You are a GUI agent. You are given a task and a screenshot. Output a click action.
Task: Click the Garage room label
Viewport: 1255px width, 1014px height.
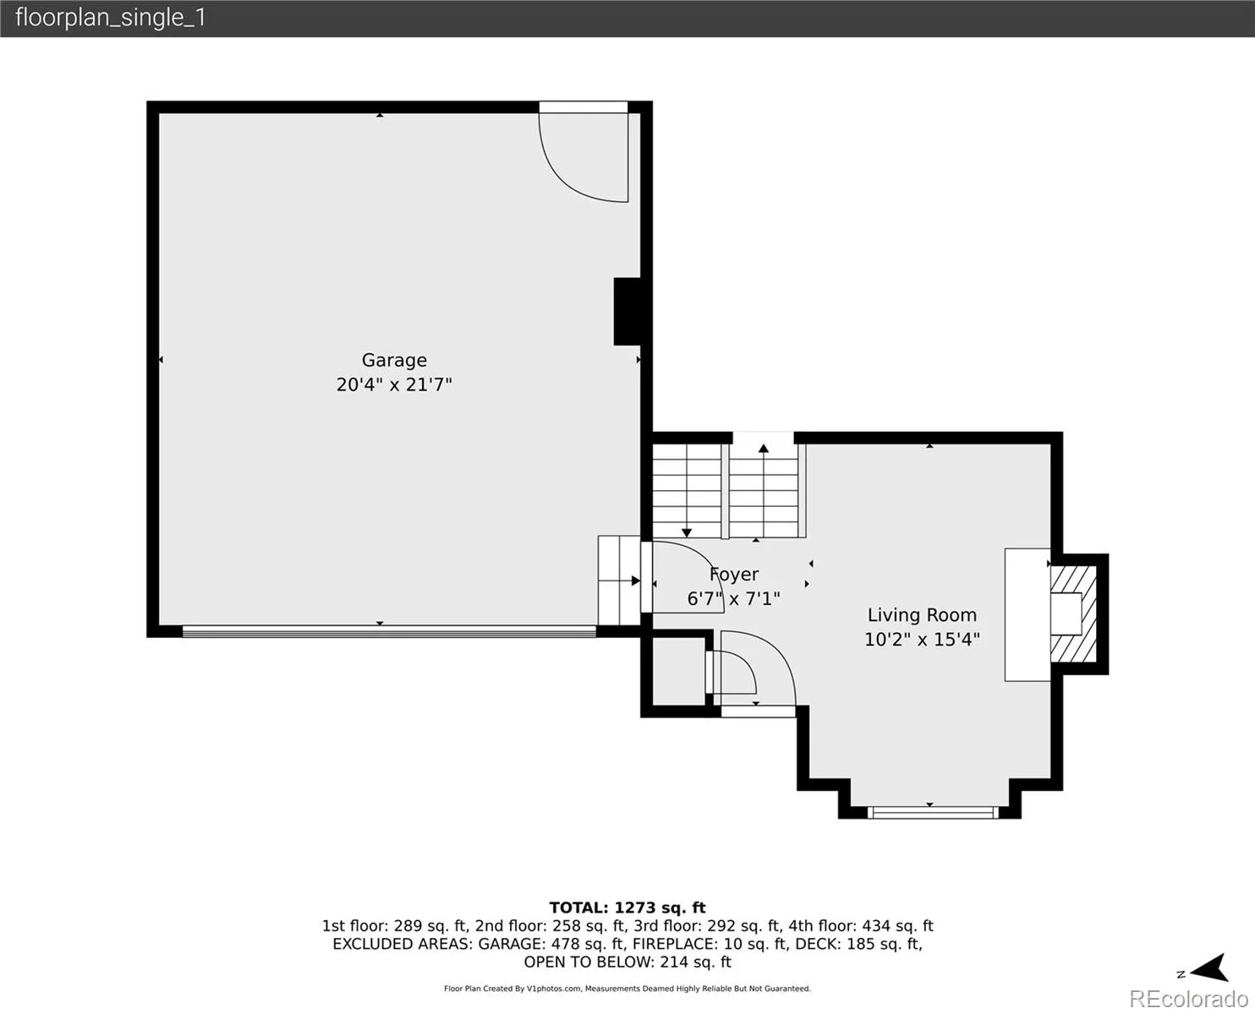394,360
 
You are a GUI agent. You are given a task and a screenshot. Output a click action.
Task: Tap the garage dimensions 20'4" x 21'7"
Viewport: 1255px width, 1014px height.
394,384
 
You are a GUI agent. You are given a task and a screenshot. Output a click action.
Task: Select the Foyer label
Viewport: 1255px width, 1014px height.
734,575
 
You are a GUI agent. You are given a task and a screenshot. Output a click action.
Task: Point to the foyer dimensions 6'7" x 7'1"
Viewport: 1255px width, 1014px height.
733,599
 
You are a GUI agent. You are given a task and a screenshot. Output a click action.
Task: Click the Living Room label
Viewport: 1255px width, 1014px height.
922,615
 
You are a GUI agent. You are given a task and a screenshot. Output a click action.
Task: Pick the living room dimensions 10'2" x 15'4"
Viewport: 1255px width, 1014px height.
922,640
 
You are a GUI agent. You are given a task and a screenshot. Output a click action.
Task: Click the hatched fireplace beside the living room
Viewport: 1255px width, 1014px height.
1073,613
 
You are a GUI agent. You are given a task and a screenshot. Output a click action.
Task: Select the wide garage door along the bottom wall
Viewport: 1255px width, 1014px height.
390,631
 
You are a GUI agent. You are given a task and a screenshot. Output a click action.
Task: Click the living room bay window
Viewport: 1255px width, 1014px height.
933,813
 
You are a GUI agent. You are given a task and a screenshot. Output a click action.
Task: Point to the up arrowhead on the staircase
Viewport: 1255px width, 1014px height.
764,449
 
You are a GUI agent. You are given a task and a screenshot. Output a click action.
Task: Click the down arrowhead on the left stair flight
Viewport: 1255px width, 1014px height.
687,533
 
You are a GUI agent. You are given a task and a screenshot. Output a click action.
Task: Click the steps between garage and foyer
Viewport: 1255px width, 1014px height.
619,581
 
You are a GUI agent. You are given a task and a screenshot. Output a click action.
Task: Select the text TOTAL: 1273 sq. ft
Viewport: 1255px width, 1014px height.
627,908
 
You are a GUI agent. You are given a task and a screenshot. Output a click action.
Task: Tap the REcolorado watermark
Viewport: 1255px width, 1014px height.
1189,998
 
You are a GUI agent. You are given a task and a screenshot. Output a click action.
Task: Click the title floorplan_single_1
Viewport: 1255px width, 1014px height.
111,18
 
